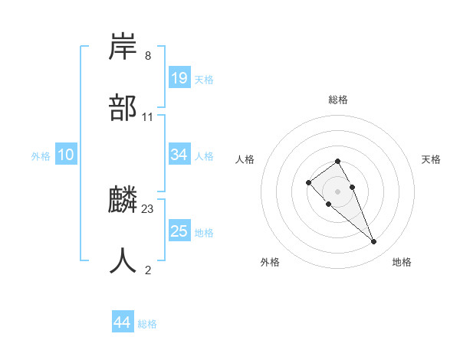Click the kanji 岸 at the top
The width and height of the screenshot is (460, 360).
click(x=124, y=47)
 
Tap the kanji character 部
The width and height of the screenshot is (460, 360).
click(x=124, y=108)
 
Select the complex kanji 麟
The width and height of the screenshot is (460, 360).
click(x=124, y=200)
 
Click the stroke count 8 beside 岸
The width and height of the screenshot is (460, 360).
click(x=147, y=56)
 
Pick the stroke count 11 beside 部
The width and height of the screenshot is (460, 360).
click(x=148, y=117)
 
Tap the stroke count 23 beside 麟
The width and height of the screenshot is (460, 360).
click(x=148, y=209)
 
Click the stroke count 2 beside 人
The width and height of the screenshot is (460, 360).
click(x=147, y=270)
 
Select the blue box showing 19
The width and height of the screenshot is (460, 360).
click(x=179, y=78)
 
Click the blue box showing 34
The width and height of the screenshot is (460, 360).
click(x=179, y=155)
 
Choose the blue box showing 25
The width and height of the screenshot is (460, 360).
click(x=179, y=231)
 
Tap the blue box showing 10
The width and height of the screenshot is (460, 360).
click(x=66, y=155)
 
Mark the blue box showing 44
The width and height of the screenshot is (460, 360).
click(x=123, y=323)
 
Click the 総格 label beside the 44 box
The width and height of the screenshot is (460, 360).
click(x=147, y=324)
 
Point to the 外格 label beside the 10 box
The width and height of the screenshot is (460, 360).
click(x=41, y=155)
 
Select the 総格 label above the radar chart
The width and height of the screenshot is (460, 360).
click(x=338, y=100)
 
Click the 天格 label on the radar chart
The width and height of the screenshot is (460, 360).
click(x=432, y=159)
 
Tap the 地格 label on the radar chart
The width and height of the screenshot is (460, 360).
click(x=402, y=262)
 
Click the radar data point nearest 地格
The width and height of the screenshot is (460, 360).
click(x=374, y=242)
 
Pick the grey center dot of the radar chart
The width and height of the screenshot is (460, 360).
click(x=338, y=191)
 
